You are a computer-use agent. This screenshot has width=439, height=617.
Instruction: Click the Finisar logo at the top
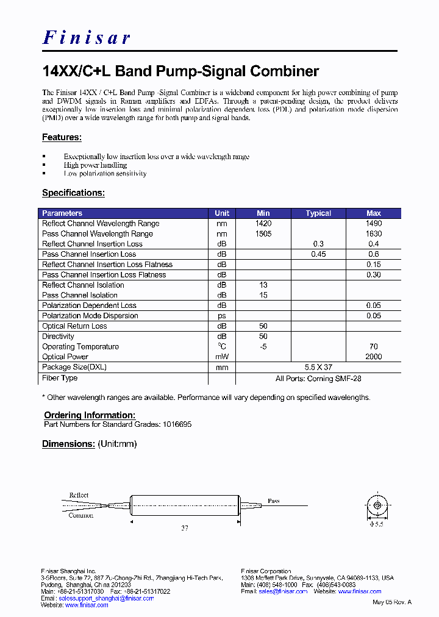pos(86,38)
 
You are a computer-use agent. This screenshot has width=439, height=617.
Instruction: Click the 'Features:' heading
pos(62,138)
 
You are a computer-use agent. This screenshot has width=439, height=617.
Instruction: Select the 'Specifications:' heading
pos(73,193)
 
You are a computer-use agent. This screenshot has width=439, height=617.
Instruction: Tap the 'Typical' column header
pos(318,213)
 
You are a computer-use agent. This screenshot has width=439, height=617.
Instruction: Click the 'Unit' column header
pos(222,213)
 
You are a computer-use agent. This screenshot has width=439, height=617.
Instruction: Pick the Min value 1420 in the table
pos(263,224)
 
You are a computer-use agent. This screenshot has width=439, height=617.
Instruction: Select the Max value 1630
pos(374,234)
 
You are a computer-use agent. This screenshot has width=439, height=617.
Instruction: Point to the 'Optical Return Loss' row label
pos(74,326)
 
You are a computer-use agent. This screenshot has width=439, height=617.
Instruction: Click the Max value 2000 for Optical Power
pos(374,357)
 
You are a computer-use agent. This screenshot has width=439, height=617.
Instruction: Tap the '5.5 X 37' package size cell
pos(318,368)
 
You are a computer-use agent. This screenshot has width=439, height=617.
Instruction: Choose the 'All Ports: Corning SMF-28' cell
pos(318,379)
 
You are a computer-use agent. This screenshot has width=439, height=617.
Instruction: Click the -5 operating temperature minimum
pos(263,347)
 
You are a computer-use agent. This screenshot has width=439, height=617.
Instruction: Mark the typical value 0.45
pos(318,254)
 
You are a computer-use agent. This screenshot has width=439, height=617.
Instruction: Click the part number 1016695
pos(177,424)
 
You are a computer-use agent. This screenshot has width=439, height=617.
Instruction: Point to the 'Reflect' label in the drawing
pos(79,495)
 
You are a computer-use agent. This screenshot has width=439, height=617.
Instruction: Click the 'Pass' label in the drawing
pos(274,501)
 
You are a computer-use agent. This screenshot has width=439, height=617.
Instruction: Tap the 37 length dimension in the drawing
pos(184,528)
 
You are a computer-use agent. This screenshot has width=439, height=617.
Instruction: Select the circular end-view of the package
pos(379,505)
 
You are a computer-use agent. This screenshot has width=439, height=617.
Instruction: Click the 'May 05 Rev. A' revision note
pos(392,602)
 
